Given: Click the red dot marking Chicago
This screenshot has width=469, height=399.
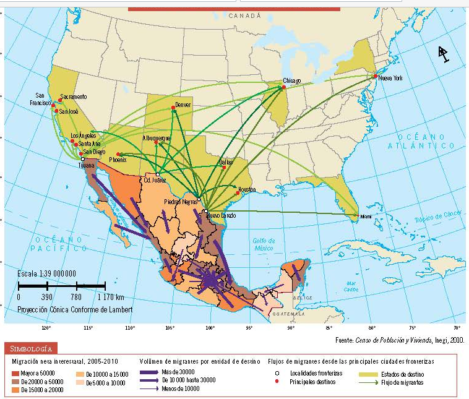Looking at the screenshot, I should (x=284, y=87).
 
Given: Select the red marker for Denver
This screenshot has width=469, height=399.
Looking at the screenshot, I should (x=173, y=108).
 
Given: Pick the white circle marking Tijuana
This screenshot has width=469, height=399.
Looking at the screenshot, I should (x=82, y=159).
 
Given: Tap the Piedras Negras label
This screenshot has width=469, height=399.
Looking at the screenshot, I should (x=181, y=201).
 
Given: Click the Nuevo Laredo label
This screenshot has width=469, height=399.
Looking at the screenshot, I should (x=222, y=215).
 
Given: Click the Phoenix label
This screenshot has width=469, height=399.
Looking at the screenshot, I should (x=118, y=160).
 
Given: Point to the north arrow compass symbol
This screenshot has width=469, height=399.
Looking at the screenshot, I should (x=444, y=54).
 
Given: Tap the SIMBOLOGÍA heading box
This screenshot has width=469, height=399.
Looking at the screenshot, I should (x=32, y=348).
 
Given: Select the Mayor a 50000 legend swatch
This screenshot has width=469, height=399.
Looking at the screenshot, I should (x=17, y=372).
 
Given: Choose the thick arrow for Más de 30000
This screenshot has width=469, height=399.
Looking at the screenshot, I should (x=148, y=372).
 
